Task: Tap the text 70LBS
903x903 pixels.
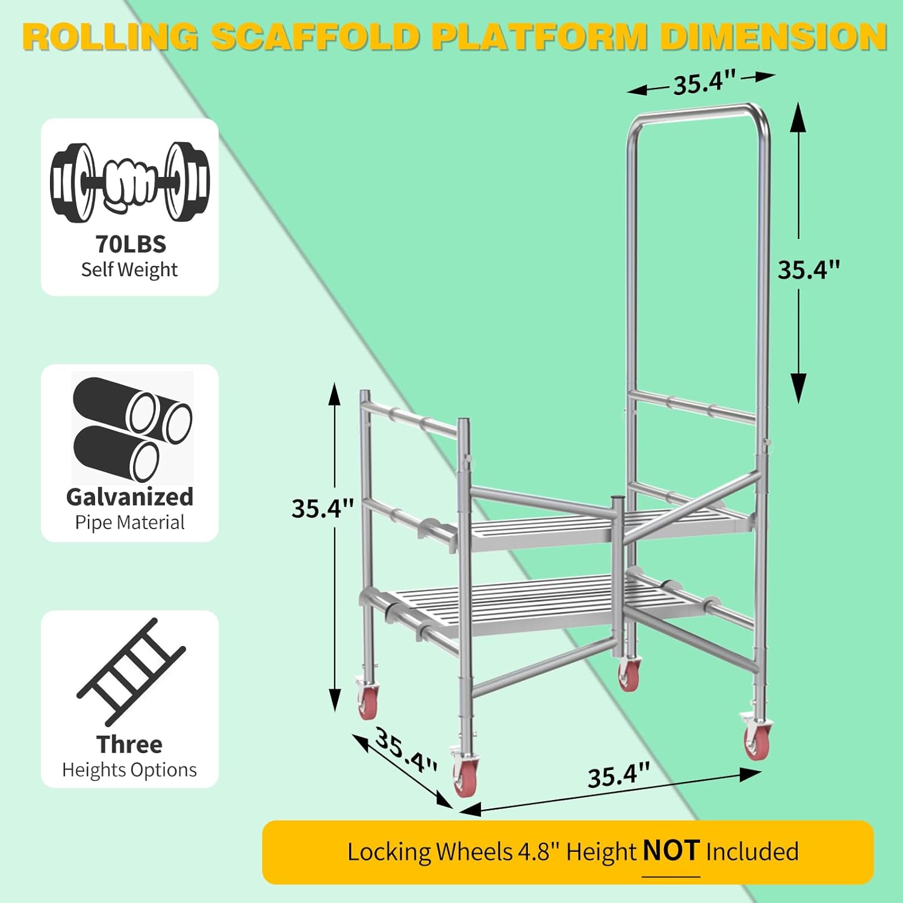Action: pyautogui.click(x=131, y=244)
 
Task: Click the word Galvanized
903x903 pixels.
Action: pyautogui.click(x=129, y=497)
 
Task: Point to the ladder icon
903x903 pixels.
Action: pyautogui.click(x=131, y=671)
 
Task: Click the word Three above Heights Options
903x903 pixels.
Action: pyautogui.click(x=129, y=744)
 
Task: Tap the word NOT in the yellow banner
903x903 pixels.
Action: pyautogui.click(x=671, y=851)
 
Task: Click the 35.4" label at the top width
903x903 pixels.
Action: pyautogui.click(x=704, y=82)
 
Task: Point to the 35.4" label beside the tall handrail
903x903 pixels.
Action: pyautogui.click(x=808, y=270)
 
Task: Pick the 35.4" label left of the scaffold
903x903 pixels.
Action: pyautogui.click(x=323, y=508)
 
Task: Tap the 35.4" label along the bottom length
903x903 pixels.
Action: pyautogui.click(x=619, y=775)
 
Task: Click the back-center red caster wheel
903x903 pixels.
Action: pyautogui.click(x=628, y=674)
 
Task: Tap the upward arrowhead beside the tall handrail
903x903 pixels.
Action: pyautogui.click(x=798, y=117)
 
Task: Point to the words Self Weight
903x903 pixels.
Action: pyautogui.click(x=129, y=270)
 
